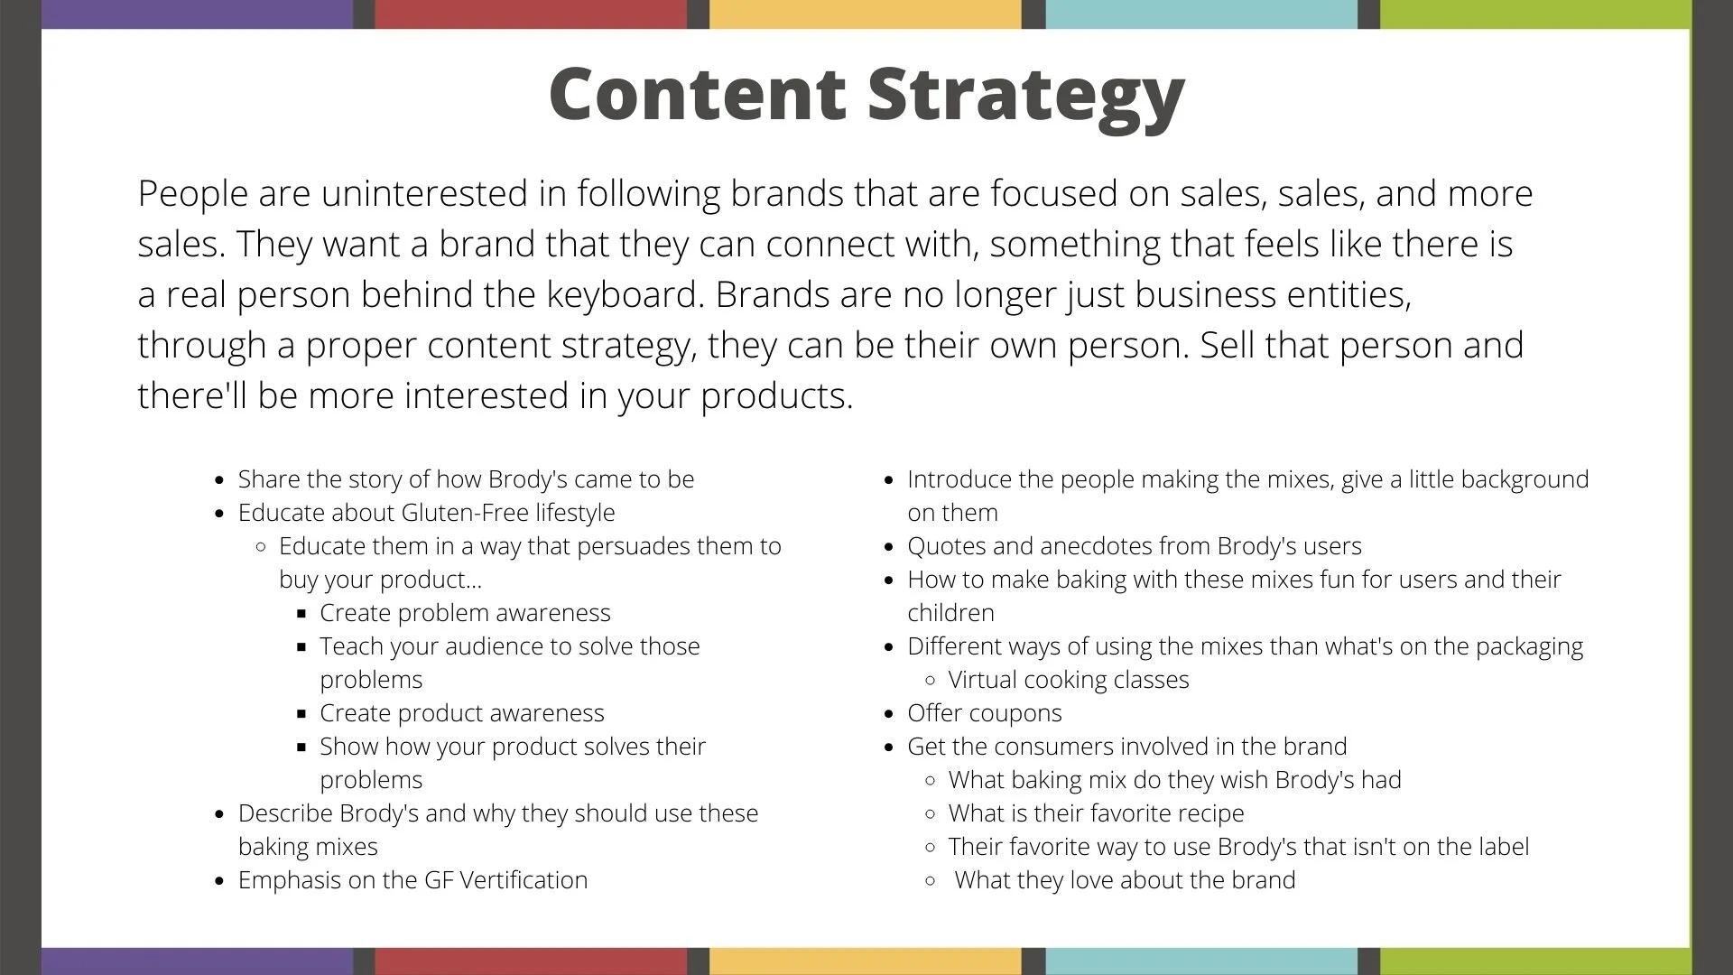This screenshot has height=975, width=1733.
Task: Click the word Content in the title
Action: (x=697, y=93)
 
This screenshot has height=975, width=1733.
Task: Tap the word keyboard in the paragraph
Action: (x=624, y=295)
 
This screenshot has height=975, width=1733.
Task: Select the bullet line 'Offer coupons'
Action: (x=985, y=713)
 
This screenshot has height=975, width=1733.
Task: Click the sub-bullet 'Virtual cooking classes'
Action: (x=1069, y=680)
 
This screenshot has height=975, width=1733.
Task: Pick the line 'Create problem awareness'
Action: (x=465, y=613)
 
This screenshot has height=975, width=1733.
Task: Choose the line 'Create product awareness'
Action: (x=462, y=713)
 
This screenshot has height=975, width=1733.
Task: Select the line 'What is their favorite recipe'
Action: (x=1096, y=813)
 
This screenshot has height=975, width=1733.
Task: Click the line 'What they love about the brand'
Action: (x=1125, y=880)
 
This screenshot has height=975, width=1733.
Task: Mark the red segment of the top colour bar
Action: (x=531, y=14)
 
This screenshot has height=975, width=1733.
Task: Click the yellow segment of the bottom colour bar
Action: (x=866, y=961)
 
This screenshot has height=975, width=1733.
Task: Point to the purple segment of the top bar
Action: (x=198, y=14)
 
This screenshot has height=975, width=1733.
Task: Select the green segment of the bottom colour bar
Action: (x=1535, y=961)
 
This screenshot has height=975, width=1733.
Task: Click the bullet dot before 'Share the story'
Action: (x=219, y=480)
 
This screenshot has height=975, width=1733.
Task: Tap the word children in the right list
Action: (x=951, y=613)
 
